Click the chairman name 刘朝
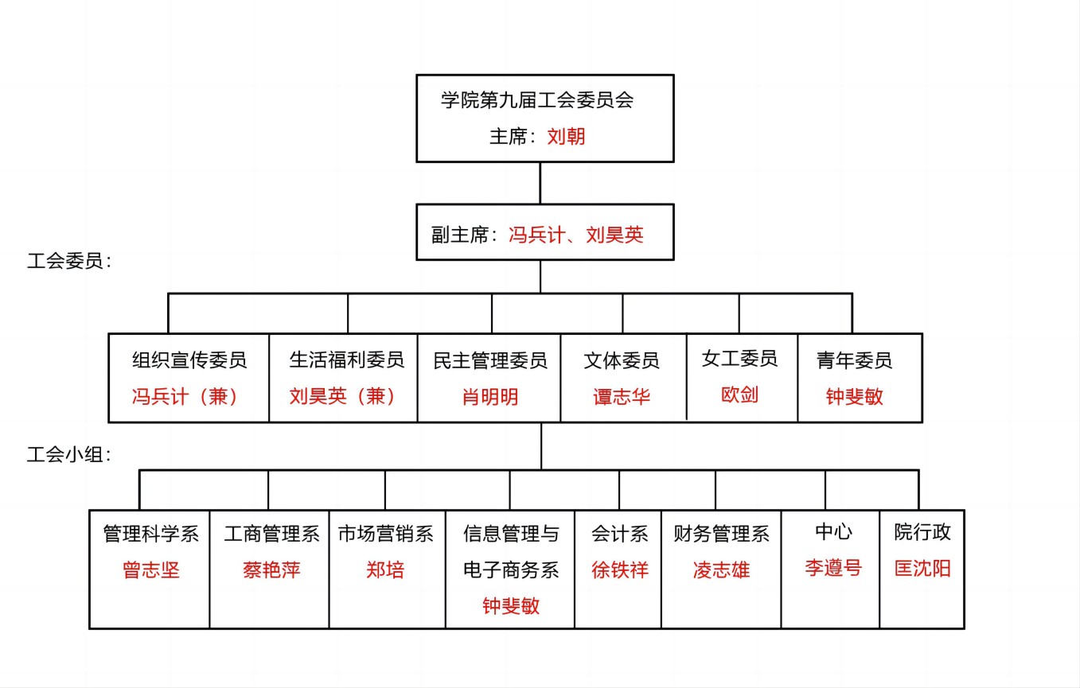566,136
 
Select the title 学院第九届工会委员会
537,100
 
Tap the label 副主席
461,235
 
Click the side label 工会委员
65,261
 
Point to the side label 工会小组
65,454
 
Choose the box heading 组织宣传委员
189,360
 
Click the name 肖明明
489,397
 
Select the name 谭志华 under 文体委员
622,397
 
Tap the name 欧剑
739,395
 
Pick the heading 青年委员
854,360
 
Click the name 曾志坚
151,570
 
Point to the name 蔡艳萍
271,570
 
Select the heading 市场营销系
386,534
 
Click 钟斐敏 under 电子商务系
511,605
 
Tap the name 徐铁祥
620,570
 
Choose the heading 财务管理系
721,534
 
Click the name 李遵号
833,568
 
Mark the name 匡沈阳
922,569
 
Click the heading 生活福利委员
347,360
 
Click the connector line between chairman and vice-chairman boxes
540,183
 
